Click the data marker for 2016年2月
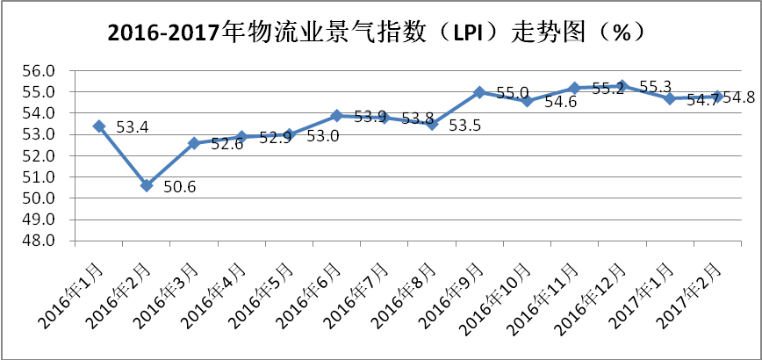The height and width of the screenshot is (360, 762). pos(147,185)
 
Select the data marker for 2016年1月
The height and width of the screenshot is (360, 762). pos(99,126)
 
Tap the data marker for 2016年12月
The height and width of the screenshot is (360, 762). pos(622,85)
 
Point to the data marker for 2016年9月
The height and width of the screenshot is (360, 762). pos(479,92)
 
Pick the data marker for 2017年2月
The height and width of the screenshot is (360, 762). pos(717,96)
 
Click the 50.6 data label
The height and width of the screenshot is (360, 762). pos(180,186)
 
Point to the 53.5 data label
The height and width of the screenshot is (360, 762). pos(464,126)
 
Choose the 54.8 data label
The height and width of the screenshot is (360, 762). pos(738,97)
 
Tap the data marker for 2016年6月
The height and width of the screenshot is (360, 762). pos(337,115)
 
